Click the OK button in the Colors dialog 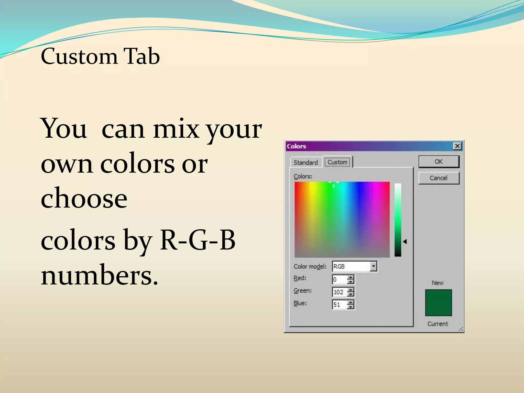coord(439,162)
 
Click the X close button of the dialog coord(457,146)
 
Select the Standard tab coord(305,162)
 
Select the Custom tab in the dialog coord(337,162)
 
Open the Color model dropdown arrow coord(374,266)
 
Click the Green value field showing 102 coord(339,292)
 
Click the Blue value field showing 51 coord(339,305)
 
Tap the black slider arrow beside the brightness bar coord(405,241)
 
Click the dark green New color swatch coord(438,303)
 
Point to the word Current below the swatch coord(438,324)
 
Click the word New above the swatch coord(438,283)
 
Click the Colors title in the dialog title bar coord(296,146)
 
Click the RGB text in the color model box coord(339,267)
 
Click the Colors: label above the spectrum coord(303,176)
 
